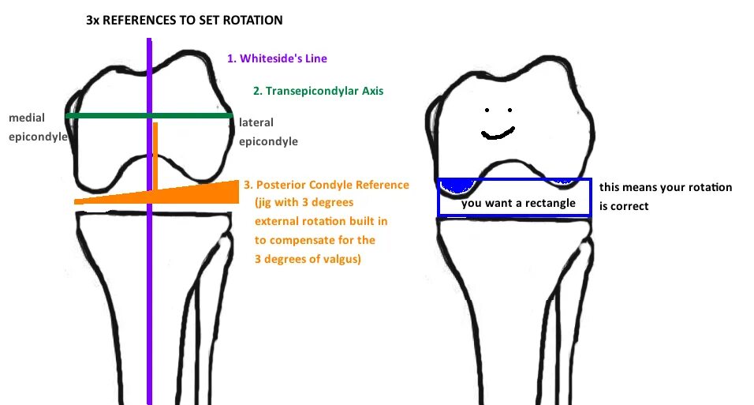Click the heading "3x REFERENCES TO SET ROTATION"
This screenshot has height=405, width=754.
click(x=184, y=18)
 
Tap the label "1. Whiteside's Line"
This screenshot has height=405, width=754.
click(x=277, y=58)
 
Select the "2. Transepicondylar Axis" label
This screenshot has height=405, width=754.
click(x=318, y=91)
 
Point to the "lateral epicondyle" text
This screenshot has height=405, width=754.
click(x=268, y=133)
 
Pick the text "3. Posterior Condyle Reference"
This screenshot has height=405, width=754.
click(x=326, y=185)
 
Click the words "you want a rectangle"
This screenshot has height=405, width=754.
click(x=517, y=204)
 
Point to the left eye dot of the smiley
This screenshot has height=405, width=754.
click(x=487, y=110)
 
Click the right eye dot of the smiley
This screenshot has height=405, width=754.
click(x=510, y=110)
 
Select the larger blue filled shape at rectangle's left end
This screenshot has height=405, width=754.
click(x=455, y=186)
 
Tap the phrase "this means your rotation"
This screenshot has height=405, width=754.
click(x=666, y=188)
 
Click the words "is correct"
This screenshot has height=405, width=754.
click(x=624, y=206)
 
